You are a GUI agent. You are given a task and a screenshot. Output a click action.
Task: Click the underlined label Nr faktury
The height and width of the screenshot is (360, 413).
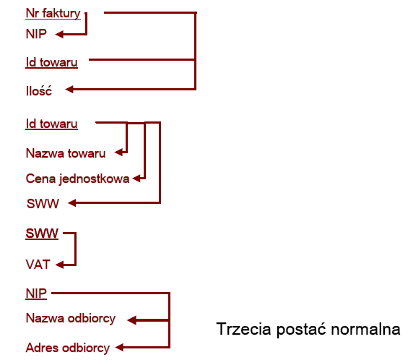(53, 13)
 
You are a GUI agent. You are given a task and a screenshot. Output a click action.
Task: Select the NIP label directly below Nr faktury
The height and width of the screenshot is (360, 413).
(36, 34)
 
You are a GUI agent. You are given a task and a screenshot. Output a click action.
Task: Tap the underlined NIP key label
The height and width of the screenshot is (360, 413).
(36, 293)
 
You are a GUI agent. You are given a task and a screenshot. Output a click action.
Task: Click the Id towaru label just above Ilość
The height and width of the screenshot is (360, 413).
(52, 63)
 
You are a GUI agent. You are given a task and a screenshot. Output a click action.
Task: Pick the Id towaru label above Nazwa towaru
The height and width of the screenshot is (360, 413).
(52, 124)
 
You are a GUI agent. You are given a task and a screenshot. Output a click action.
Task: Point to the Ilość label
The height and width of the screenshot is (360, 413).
(39, 91)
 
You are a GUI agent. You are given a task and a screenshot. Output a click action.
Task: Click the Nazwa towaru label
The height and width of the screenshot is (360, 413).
(66, 153)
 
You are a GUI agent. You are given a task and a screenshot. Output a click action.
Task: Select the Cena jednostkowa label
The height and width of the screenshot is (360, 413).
(77, 179)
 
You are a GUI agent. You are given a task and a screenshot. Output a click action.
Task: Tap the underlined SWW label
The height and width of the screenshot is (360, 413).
(42, 233)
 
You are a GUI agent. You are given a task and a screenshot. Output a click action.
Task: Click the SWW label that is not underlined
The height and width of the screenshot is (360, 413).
(43, 204)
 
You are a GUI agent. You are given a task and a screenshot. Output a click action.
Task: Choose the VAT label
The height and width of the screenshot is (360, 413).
(38, 265)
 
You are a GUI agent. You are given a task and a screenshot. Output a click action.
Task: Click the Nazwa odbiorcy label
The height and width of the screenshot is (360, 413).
(71, 319)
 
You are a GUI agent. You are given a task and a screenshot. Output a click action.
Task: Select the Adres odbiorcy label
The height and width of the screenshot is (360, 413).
(68, 348)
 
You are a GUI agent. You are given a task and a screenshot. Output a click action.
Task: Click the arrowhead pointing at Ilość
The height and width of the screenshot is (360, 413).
(69, 89)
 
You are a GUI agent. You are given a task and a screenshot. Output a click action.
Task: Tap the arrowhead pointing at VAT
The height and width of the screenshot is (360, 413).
(59, 265)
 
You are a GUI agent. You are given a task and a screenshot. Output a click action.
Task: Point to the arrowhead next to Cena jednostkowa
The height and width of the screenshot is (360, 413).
(136, 179)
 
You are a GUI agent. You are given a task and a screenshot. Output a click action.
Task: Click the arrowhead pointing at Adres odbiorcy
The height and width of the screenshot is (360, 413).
(120, 347)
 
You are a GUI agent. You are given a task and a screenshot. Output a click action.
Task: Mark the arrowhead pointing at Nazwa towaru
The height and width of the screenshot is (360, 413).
(119, 153)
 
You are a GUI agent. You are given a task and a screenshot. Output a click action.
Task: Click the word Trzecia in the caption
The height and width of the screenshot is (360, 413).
(243, 329)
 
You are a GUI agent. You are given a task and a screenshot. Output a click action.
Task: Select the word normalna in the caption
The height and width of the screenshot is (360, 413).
(365, 330)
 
